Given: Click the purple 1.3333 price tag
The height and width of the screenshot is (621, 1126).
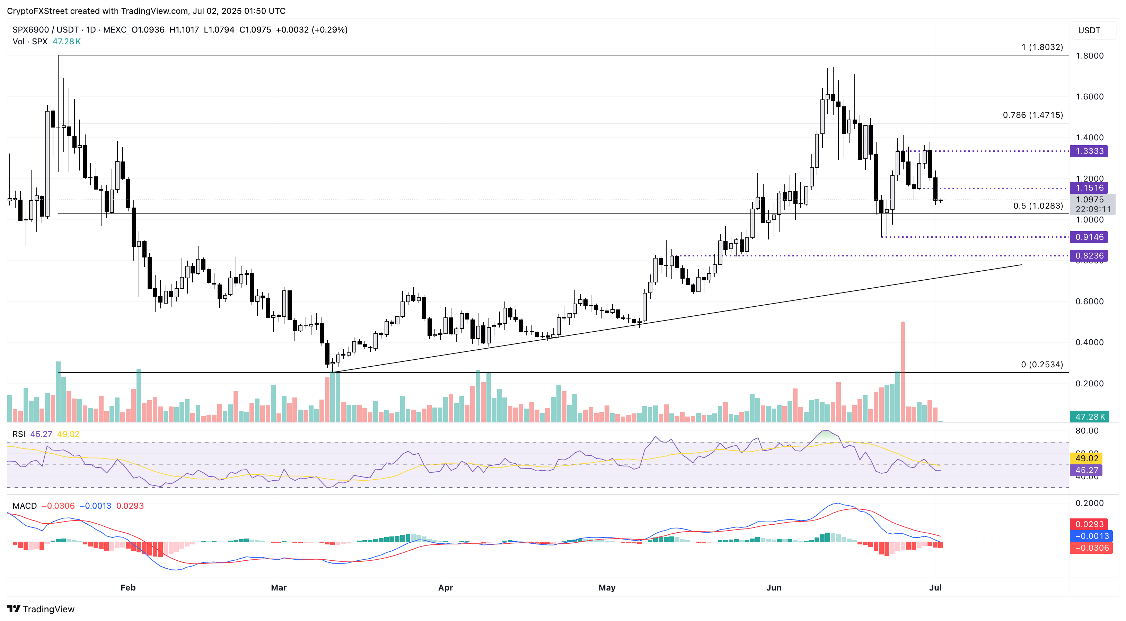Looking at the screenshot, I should point(1089,151).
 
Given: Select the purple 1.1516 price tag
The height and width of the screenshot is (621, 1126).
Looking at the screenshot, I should point(1089,188).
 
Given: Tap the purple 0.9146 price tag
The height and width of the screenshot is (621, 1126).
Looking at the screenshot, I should point(1089,237).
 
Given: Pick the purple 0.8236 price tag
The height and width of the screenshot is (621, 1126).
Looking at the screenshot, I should point(1089,256).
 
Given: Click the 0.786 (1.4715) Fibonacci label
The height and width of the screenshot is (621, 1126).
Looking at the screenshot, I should point(1032,115).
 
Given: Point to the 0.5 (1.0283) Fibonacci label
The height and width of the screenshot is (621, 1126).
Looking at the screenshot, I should point(1038,206).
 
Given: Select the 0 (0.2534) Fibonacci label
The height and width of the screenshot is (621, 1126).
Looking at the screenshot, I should point(1042,365).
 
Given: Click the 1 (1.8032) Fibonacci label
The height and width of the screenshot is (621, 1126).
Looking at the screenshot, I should point(1042,47).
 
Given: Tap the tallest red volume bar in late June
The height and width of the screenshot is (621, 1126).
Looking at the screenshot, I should point(903,372).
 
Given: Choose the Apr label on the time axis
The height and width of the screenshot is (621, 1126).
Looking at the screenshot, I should point(446,587).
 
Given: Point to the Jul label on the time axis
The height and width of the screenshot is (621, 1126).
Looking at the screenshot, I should point(935,587).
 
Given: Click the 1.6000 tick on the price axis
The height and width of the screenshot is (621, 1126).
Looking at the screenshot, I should point(1089,97).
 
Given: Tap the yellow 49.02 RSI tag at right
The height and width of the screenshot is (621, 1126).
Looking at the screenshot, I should point(1087,458).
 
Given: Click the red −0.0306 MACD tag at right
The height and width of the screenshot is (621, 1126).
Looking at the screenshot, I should point(1091,548).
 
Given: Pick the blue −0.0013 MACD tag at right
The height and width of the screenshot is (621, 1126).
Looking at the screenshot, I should point(1091,536).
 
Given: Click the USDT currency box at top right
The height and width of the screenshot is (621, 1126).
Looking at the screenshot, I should point(1089,30).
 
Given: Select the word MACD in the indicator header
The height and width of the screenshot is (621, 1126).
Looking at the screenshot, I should point(25,506).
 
